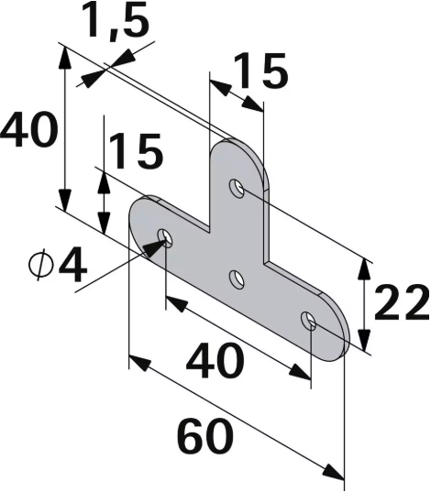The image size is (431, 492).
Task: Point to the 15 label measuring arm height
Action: pos(135,150)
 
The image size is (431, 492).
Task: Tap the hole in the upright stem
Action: pos(237,189)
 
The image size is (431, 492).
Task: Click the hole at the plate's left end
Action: pos(165,237)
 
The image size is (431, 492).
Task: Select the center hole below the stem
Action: pos(237,279)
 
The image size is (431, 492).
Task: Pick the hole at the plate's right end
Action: pos(309,321)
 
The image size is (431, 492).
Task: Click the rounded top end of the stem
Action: pos(240,147)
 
